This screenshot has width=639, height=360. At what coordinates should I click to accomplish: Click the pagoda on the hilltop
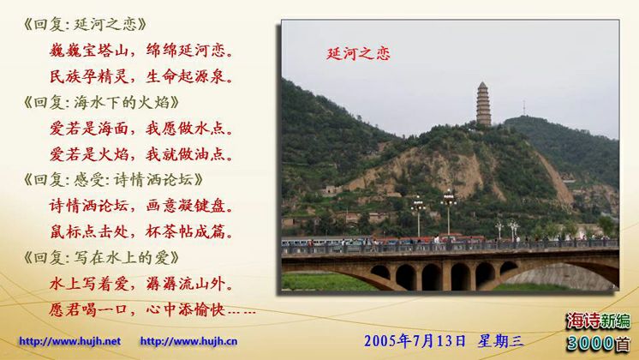click(x=483, y=104)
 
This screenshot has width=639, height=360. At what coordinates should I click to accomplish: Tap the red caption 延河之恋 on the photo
click(x=358, y=53)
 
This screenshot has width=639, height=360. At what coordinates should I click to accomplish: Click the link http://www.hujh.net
click(x=69, y=341)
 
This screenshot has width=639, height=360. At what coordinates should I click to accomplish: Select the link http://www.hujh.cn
click(x=188, y=341)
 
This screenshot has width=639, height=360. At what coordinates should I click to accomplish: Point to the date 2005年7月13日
click(x=415, y=341)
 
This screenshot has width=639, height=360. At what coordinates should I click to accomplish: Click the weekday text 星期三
click(x=501, y=341)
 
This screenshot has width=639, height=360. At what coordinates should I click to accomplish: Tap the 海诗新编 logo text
click(x=598, y=321)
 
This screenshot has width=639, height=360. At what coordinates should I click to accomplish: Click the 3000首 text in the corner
click(x=598, y=343)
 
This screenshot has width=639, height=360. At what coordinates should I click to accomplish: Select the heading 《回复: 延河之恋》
click(x=85, y=25)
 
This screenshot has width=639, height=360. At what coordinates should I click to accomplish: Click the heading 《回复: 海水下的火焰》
click(x=101, y=102)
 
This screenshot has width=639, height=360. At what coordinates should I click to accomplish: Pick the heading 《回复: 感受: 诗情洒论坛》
click(x=113, y=179)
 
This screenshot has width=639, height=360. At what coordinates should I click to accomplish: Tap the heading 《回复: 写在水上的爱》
click(x=101, y=257)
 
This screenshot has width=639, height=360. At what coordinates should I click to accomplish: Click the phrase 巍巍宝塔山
click(x=89, y=51)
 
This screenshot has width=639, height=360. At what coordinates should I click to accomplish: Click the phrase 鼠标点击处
click(x=89, y=231)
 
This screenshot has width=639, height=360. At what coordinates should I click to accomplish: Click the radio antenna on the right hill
click(x=524, y=108)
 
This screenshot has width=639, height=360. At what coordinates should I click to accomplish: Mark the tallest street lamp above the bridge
click(x=448, y=212)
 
